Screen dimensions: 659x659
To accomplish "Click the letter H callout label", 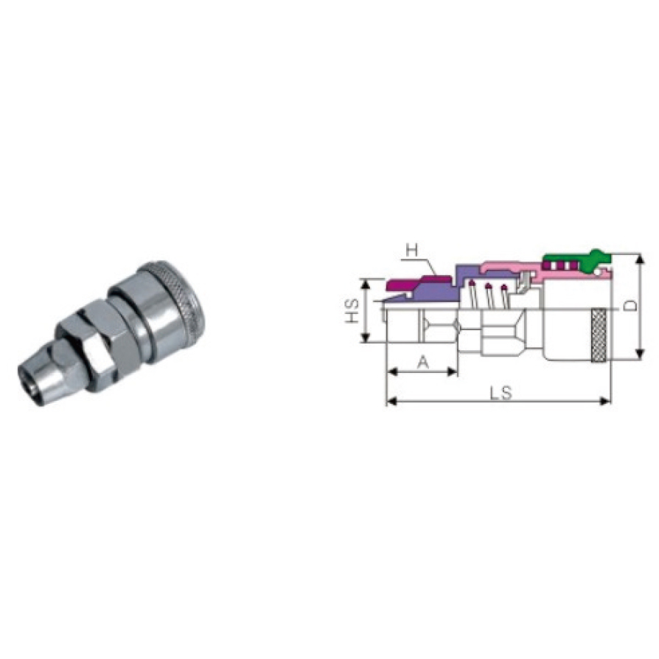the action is (x=413, y=251).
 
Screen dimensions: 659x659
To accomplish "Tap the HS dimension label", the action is (x=352, y=310).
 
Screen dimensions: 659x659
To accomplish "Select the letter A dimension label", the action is (x=424, y=361).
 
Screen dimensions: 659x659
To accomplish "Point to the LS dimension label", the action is (x=501, y=394).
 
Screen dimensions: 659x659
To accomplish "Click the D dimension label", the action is (x=630, y=306).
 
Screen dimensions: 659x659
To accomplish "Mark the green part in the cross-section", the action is (x=576, y=262).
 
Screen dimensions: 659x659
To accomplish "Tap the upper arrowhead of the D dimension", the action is (x=640, y=259).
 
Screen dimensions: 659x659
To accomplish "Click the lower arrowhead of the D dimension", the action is (x=640, y=355).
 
